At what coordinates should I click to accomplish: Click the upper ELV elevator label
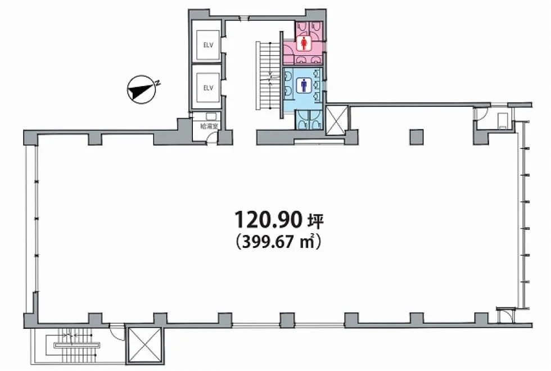click(x=209, y=45)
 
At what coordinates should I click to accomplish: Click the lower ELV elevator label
click(x=209, y=88)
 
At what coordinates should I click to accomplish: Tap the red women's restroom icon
click(x=304, y=44)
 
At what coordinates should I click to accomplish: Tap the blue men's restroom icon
click(x=304, y=85)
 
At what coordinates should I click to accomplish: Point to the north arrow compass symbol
click(x=142, y=89)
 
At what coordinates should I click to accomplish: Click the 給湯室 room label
click(x=209, y=126)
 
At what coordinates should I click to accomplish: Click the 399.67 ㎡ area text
click(x=279, y=242)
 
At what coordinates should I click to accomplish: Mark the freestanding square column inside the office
click(x=417, y=137)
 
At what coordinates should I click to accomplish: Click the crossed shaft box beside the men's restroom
click(x=337, y=120)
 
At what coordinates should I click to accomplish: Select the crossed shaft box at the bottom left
click(x=144, y=345)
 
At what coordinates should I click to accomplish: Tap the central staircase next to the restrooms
click(x=269, y=75)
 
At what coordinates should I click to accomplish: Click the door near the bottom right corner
click(x=506, y=315)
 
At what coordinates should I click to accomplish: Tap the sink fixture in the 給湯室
click(x=211, y=117)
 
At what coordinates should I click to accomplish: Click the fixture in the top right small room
click(x=503, y=120)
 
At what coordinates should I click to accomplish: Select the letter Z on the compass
click(x=158, y=83)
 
